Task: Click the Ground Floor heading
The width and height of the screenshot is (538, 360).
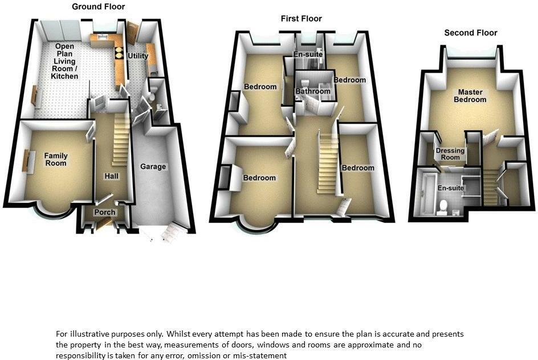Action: pyautogui.click(x=99, y=7)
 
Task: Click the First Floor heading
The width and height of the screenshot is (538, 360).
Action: pyautogui.click(x=301, y=19)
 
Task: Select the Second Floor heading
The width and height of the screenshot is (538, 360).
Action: pyautogui.click(x=471, y=33)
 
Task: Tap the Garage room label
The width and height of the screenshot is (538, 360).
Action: pyautogui.click(x=153, y=167)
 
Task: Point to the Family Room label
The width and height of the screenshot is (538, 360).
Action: pyautogui.click(x=56, y=159)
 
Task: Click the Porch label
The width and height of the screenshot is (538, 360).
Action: pyautogui.click(x=105, y=212)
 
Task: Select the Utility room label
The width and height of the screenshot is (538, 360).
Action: pyautogui.click(x=138, y=56)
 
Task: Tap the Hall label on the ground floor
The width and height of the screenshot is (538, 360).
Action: pyautogui.click(x=111, y=177)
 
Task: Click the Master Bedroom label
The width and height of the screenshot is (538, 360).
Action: pyautogui.click(x=470, y=96)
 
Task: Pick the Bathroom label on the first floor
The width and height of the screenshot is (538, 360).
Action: pyautogui.click(x=313, y=91)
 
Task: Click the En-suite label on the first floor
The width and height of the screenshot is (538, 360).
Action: pyautogui.click(x=308, y=55)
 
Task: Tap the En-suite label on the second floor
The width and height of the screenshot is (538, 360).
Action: pyautogui.click(x=450, y=188)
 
